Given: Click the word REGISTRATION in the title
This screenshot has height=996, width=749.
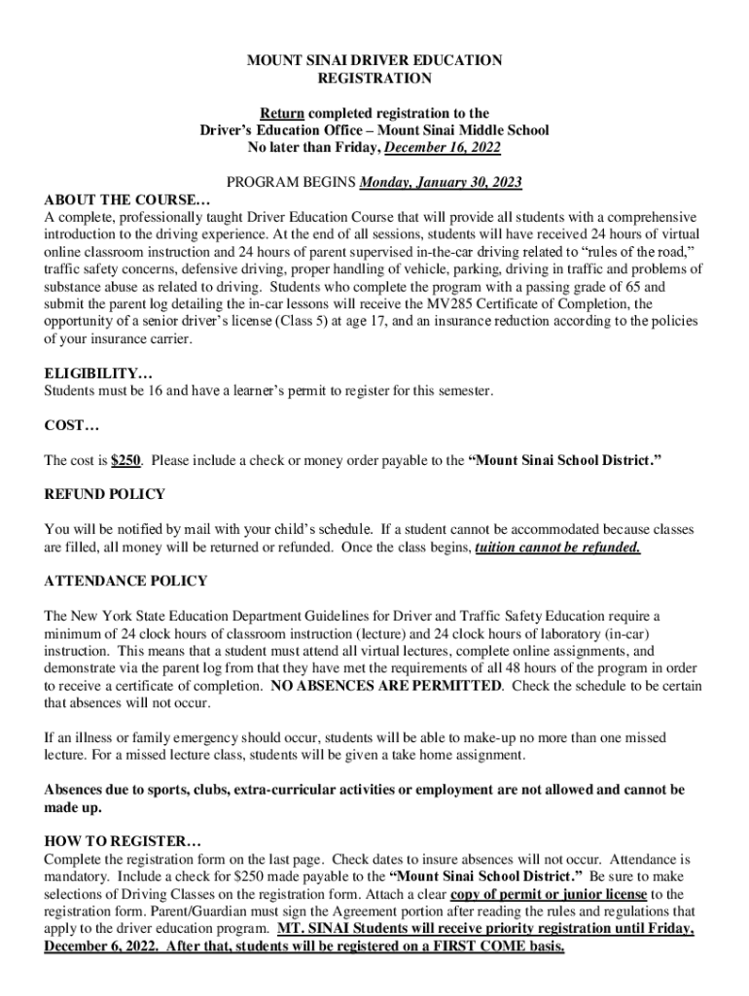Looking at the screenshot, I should pos(374,78).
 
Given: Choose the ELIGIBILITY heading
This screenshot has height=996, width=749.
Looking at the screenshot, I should pos(98,373).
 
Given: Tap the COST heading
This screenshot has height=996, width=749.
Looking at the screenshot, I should pos(72,425).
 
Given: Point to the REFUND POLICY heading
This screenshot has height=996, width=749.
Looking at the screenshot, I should pos(105,494).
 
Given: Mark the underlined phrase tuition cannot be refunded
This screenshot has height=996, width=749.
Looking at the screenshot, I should pos(557,547).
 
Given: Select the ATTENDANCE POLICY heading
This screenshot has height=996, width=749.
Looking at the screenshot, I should pos(125,582).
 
